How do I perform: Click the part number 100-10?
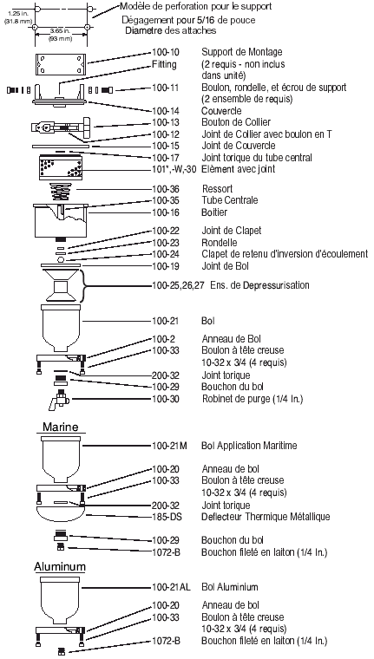[x=166, y=53]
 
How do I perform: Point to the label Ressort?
[x=216, y=188]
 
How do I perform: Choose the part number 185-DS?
[x=166, y=518]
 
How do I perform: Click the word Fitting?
[x=163, y=65]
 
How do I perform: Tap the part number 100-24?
[x=166, y=253]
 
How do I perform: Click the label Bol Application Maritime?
[x=249, y=446]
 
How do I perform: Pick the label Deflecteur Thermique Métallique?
[x=265, y=518]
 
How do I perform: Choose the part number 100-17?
[x=166, y=157]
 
